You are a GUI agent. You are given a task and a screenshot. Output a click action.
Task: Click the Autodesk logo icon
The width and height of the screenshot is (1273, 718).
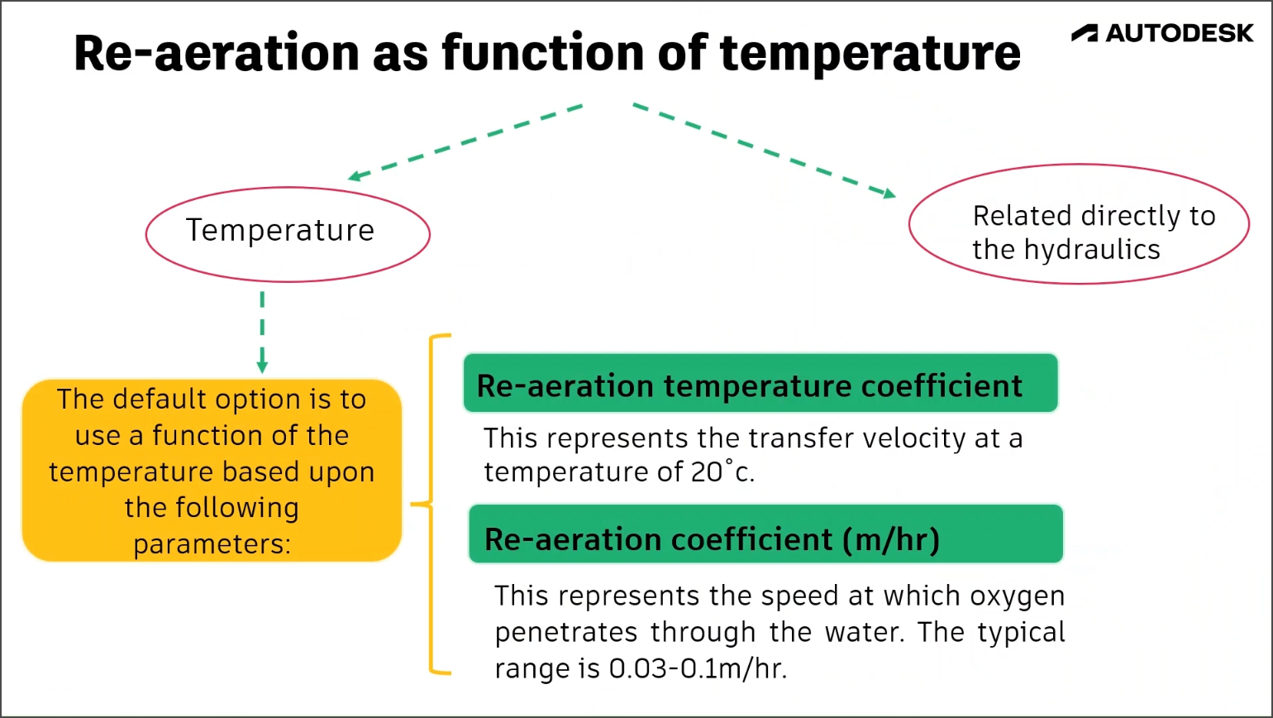point(1085,33)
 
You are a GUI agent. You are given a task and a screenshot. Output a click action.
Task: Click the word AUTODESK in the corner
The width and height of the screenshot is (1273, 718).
point(1180,33)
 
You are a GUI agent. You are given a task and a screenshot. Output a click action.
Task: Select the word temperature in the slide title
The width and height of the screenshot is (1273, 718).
point(870,52)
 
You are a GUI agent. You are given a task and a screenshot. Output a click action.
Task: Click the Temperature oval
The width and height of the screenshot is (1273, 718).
point(288,231)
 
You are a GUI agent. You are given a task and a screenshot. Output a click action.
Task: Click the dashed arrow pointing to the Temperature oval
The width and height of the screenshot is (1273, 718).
point(465,141)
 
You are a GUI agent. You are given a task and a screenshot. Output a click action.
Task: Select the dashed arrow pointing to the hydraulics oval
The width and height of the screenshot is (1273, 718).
point(765,150)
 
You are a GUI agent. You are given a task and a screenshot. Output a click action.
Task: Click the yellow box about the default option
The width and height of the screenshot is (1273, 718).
point(212,471)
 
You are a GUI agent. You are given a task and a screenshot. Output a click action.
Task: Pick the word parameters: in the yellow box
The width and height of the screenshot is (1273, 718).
point(212,544)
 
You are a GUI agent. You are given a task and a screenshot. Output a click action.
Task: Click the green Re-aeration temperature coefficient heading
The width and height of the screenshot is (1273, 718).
point(760,383)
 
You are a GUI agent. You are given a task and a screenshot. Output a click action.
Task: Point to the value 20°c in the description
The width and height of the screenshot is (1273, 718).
point(720,472)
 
